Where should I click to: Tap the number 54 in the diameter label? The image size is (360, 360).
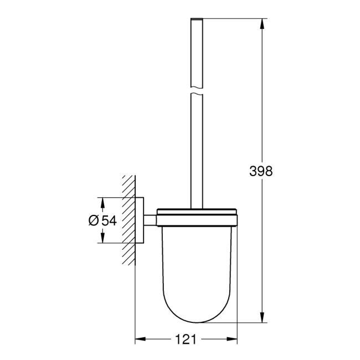pos(108,220)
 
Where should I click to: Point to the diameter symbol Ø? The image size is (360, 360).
pos(93,220)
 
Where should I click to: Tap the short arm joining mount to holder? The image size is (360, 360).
pos(151,220)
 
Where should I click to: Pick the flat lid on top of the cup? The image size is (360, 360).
pos(197,212)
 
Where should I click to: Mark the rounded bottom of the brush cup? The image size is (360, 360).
pos(197,310)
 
